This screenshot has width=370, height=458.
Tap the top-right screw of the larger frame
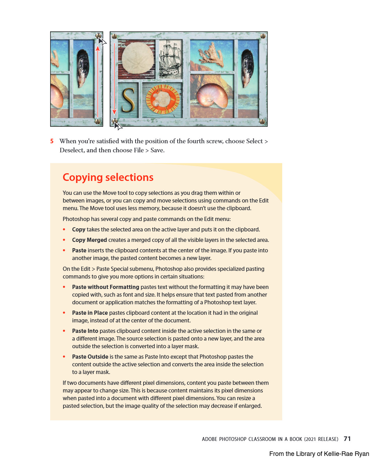pos(263,36)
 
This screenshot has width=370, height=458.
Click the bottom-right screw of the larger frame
pos(263,122)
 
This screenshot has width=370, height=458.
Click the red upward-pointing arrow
pos(98,80)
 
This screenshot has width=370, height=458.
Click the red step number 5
pos(52,141)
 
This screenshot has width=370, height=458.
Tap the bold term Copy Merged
pos(90,240)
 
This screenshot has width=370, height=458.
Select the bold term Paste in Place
pos(90,313)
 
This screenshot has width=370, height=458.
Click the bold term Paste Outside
pos(90,357)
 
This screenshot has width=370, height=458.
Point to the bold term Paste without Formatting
pos(106,287)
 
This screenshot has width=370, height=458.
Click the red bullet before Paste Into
pos(64,331)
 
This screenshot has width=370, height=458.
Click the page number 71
pos(347,439)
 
